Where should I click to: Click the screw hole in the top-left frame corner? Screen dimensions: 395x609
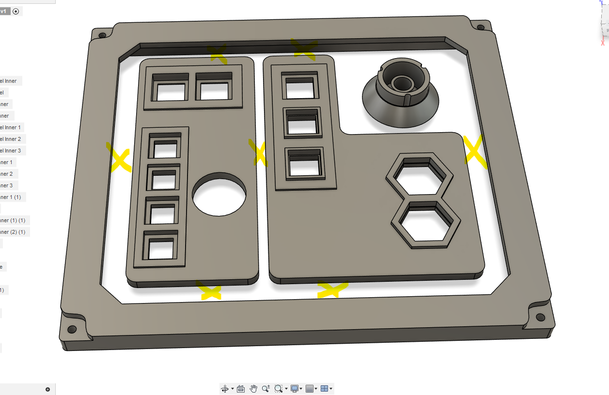click(102, 35)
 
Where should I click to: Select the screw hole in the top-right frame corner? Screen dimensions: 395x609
click(481, 28)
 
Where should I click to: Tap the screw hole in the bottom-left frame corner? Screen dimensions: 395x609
click(72, 329)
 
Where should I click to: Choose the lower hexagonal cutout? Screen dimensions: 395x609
click(425, 224)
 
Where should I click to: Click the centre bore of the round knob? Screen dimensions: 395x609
click(401, 83)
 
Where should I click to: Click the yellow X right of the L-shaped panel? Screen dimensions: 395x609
click(475, 151)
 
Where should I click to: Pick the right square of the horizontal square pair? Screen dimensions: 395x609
click(214, 90)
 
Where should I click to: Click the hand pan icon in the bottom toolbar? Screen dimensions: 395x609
click(253, 389)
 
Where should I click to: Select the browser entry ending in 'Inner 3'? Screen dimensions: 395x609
click(13, 151)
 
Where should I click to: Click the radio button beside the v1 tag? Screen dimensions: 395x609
click(16, 11)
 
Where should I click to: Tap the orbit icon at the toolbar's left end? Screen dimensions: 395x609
click(225, 389)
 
